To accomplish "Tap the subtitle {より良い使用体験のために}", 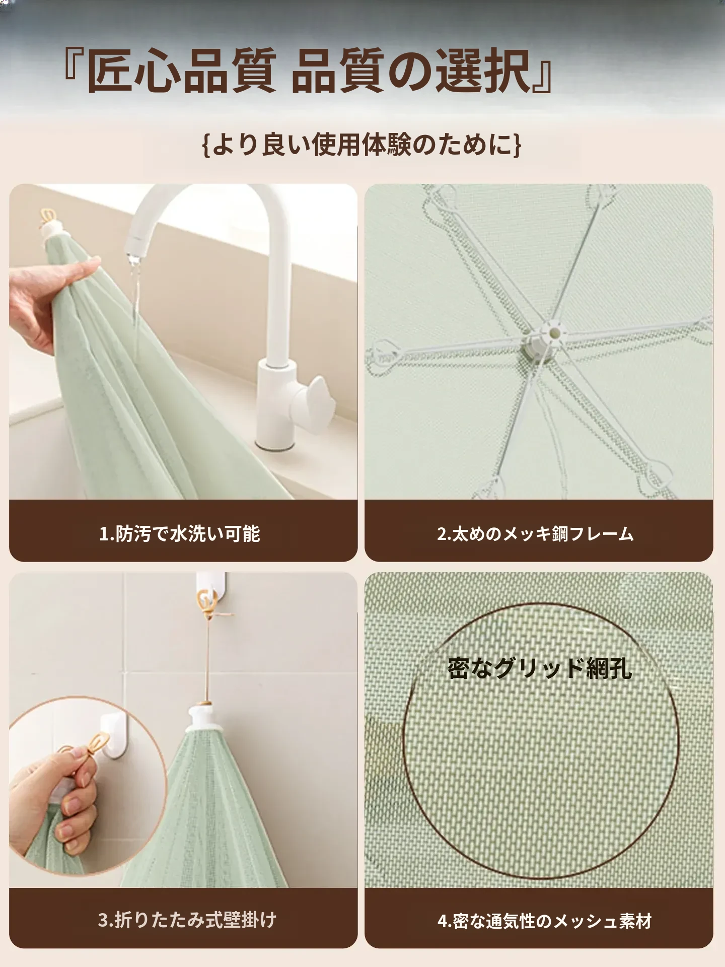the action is tap(361, 145).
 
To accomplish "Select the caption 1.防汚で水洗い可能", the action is tap(180, 533).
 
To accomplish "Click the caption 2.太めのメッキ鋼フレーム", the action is tap(535, 533).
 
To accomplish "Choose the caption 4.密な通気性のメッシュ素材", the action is tap(545, 921).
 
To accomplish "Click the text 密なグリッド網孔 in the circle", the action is tap(539, 667).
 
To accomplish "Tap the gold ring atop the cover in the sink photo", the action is tap(48, 216).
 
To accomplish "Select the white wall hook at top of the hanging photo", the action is tap(207, 594).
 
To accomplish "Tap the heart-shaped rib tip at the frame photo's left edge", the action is tap(385, 350).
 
